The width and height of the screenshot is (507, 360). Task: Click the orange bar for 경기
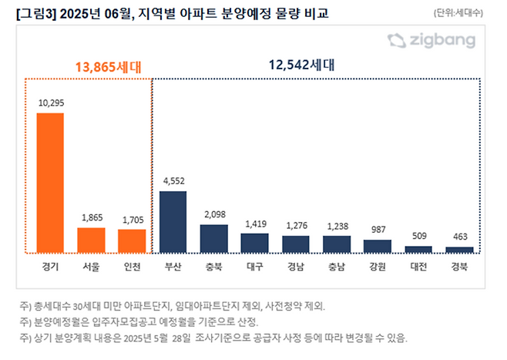(x=50, y=183)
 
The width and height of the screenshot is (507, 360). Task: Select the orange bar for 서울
(x=91, y=240)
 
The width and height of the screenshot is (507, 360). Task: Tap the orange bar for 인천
(x=132, y=241)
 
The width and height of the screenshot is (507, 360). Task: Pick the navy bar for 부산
(x=173, y=221)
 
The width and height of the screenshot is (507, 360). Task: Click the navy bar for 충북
(x=213, y=238)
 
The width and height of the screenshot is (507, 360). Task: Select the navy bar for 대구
(x=254, y=243)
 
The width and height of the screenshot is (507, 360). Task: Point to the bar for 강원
(x=377, y=246)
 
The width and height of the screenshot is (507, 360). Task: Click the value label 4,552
(x=173, y=181)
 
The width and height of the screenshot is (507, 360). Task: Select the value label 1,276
(x=295, y=226)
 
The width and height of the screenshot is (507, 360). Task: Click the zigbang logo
(x=431, y=41)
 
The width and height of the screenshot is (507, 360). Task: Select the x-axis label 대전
(x=418, y=266)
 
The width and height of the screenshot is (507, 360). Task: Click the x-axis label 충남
(x=336, y=266)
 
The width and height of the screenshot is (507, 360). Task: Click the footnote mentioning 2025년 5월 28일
(x=210, y=338)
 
